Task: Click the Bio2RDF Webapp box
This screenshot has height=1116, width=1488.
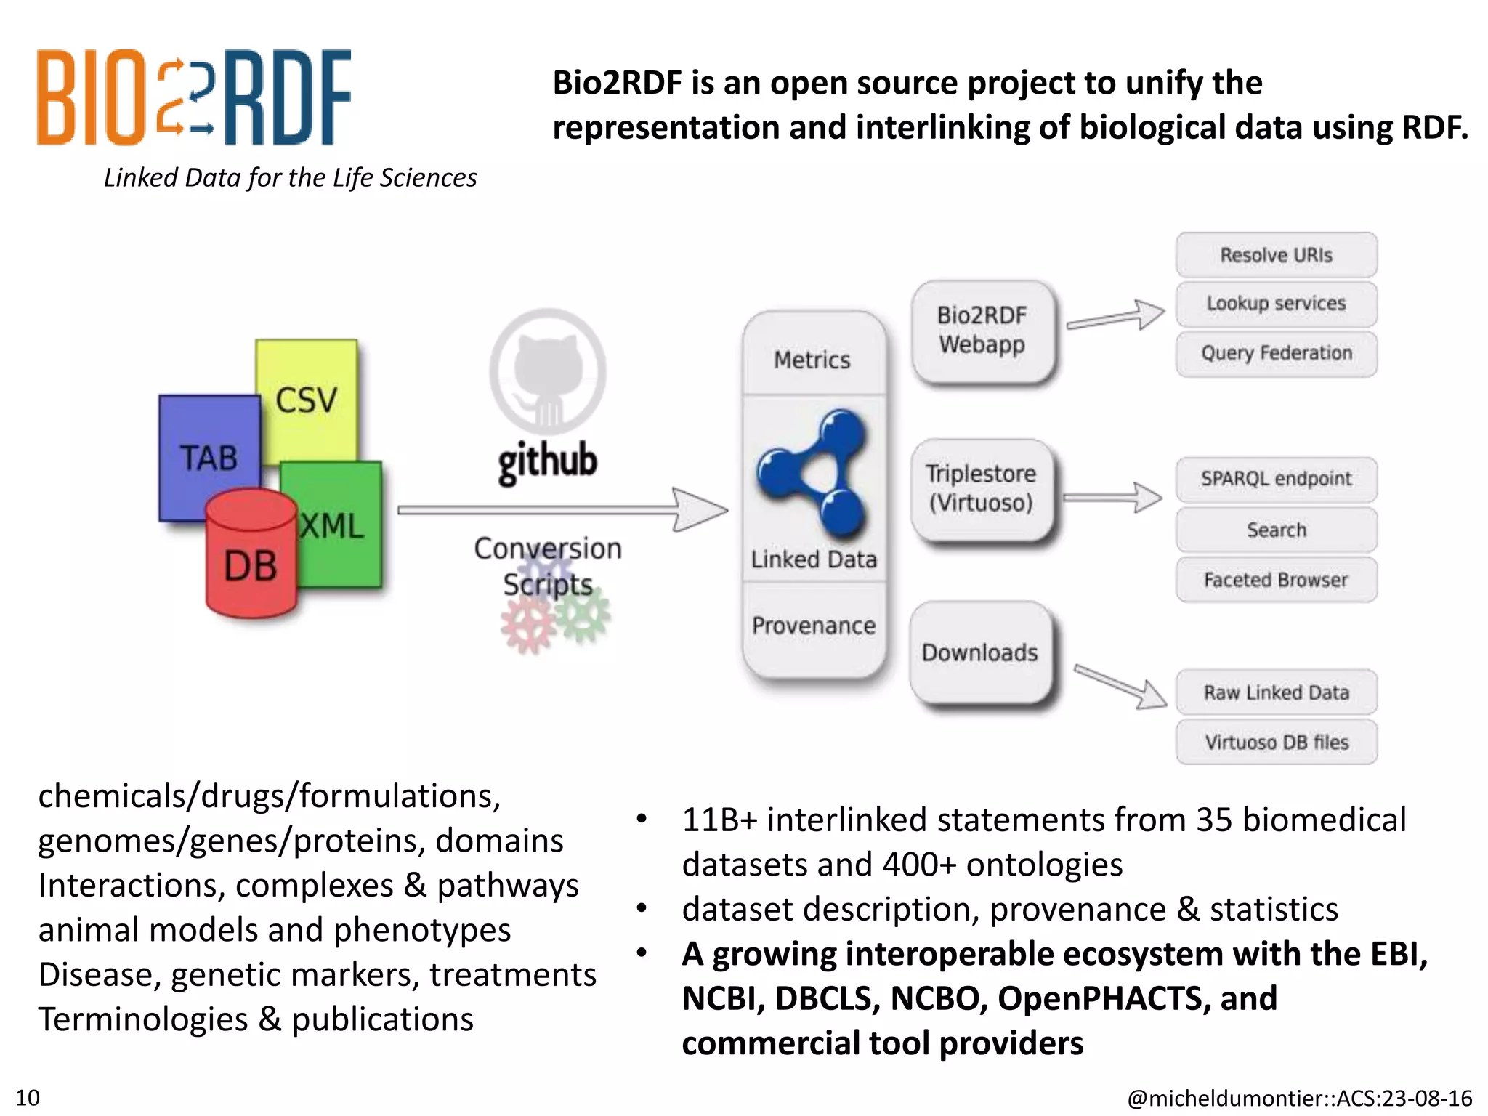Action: pos(982,331)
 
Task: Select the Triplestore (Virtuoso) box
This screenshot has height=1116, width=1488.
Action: pos(981,488)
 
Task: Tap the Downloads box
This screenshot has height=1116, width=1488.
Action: pos(980,652)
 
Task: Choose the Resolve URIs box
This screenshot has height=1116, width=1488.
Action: pos(1276,255)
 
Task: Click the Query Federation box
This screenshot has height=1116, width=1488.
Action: pos(1276,353)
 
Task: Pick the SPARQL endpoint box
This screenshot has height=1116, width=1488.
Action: pos(1276,479)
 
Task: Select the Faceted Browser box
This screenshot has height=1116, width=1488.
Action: pos(1276,580)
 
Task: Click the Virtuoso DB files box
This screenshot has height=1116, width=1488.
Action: pos(1276,742)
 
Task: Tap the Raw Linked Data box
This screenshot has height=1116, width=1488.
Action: pos(1276,692)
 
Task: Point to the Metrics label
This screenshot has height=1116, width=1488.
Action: pos(812,360)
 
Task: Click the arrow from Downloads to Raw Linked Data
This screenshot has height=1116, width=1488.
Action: pos(1119,686)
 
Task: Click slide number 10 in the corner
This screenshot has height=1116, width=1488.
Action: pos(28,1097)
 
